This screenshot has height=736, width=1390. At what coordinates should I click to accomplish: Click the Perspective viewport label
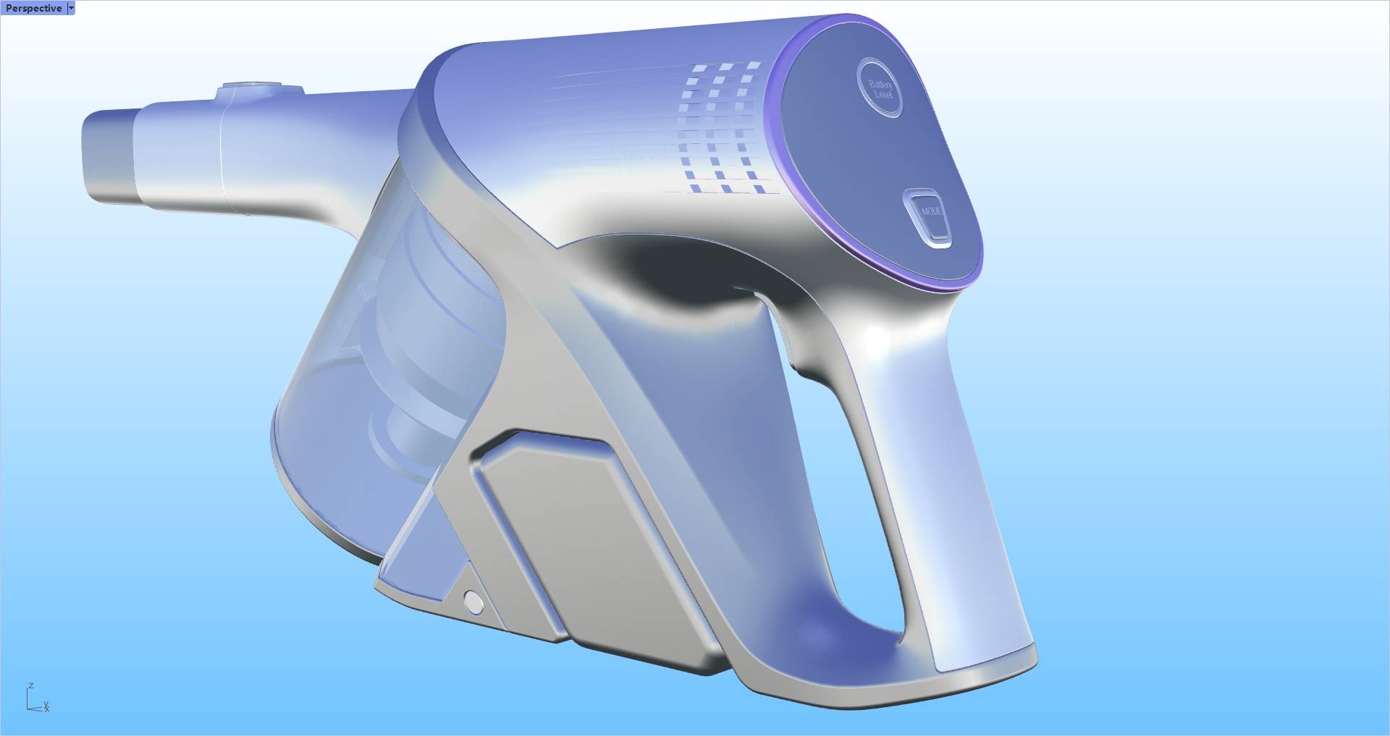(33, 8)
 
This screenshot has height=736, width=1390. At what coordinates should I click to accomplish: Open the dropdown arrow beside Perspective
(71, 8)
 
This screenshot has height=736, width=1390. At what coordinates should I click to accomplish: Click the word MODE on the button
(931, 211)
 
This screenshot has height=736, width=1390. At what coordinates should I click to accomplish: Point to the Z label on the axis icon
(30, 685)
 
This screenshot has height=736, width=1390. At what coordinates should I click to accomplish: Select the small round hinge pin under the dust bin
(473, 601)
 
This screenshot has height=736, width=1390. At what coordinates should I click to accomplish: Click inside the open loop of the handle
(840, 492)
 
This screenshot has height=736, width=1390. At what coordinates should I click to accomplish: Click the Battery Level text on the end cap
(882, 89)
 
